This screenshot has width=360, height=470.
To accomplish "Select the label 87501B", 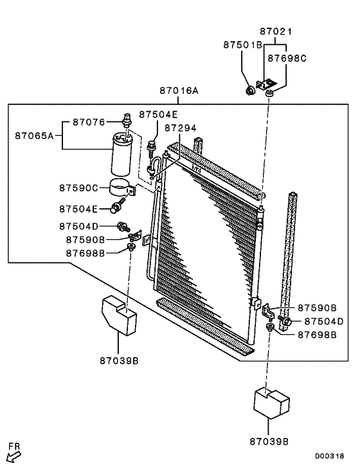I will (243, 45).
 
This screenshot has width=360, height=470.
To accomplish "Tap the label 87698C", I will (287, 58).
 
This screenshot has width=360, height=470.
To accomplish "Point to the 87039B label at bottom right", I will (269, 441).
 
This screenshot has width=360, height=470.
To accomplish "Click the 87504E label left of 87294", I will (156, 114).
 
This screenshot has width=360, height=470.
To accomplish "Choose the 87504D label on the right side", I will (323, 321).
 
